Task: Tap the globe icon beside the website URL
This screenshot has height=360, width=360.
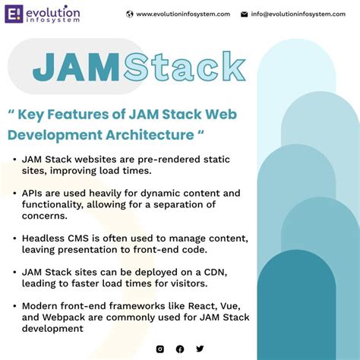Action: point(130,14)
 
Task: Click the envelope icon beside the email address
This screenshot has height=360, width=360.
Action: point(245,14)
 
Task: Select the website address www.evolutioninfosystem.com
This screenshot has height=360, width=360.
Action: point(183,14)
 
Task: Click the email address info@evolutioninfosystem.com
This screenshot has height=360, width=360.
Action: point(301,14)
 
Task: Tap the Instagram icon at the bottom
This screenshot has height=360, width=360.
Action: point(159,349)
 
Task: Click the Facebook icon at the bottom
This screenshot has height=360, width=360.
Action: point(180,349)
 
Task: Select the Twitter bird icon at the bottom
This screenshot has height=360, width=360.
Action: point(200,349)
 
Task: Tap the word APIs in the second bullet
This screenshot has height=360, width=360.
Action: point(35,193)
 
